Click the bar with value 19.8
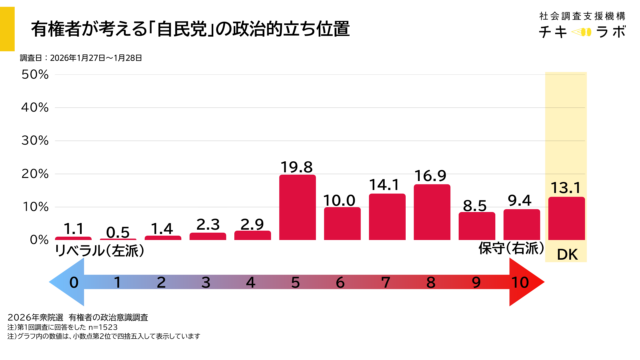[x=297, y=208]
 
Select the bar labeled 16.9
[x=431, y=212]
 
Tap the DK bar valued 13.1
[x=566, y=218]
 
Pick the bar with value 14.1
[x=387, y=217]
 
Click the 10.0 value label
[x=342, y=199]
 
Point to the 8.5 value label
[x=476, y=203]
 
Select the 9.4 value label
[x=521, y=200]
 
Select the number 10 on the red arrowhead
[x=520, y=283]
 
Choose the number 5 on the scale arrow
[x=297, y=283]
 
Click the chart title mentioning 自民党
[x=190, y=29]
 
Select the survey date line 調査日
[x=81, y=58]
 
